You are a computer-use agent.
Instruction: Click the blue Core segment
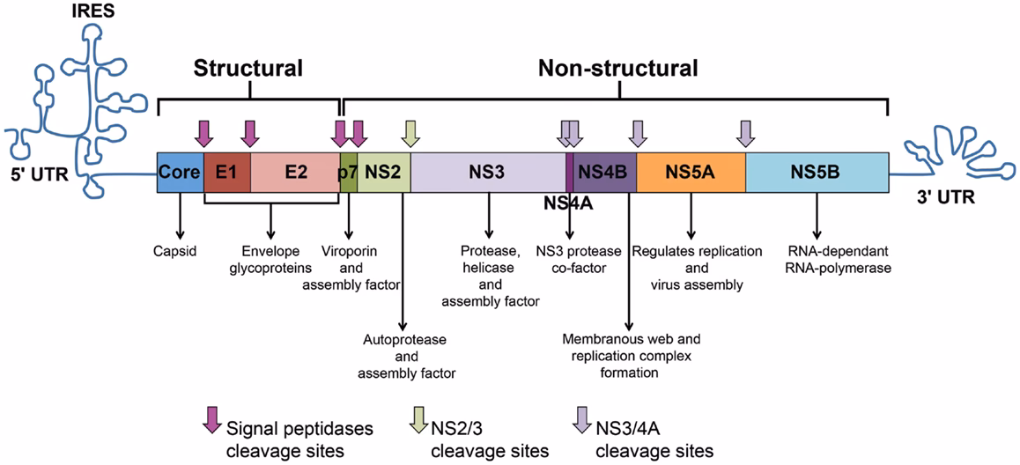click(180, 171)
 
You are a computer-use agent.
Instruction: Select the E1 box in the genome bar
click(226, 171)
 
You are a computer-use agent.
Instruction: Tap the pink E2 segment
click(295, 171)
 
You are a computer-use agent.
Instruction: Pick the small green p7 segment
click(348, 171)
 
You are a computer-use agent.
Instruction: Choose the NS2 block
click(383, 171)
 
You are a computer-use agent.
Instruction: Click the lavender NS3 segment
click(487, 171)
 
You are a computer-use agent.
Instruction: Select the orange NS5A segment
click(691, 171)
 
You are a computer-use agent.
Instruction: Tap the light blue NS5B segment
click(816, 171)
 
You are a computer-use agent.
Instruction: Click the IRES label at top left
click(93, 13)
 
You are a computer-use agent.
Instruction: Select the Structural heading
click(248, 69)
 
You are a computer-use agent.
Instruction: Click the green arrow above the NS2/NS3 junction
click(410, 133)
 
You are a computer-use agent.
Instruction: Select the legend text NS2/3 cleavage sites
click(490, 439)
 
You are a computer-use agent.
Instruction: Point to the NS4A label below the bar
click(568, 203)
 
